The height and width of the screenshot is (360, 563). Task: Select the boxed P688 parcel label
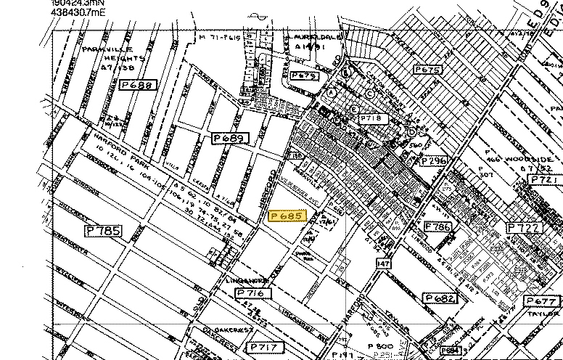click(138, 85)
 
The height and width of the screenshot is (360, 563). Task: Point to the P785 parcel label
click(104, 232)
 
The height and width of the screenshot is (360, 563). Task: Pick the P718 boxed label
click(375, 118)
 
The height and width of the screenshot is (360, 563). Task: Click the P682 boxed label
click(440, 298)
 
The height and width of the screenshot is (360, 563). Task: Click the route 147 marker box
click(384, 264)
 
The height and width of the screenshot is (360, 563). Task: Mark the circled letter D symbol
click(411, 131)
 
